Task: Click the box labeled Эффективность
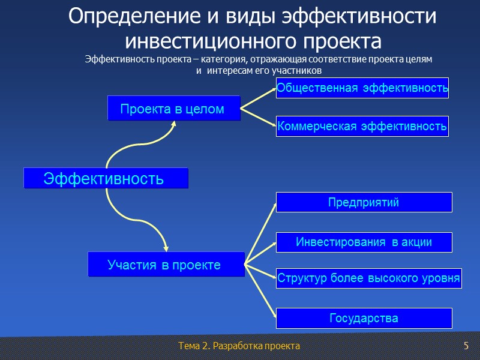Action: tap(105, 178)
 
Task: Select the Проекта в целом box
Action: tap(173, 109)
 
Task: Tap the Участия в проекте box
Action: tap(166, 265)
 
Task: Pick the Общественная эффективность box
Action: tap(362, 88)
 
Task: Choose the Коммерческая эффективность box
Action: tap(362, 126)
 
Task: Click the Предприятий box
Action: tap(364, 202)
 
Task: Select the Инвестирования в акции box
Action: tap(364, 242)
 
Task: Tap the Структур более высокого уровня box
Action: tap(368, 278)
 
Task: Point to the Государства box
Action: tap(364, 318)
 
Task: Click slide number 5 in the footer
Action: tap(466, 346)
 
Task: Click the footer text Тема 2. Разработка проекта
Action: tap(239, 346)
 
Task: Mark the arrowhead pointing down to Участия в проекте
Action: tap(166, 247)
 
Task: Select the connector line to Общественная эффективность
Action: tap(258, 98)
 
